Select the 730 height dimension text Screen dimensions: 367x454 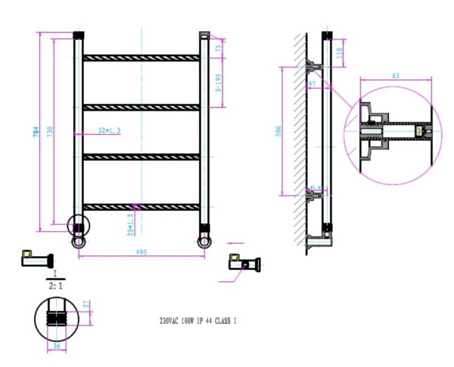pos(51,131)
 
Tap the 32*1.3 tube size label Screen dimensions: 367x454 pos(110,131)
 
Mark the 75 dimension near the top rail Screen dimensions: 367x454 pos(219,48)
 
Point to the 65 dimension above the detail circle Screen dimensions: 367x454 pos(396,76)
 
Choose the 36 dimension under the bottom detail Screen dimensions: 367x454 pos(55,348)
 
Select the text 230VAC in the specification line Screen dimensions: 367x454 pos(171,321)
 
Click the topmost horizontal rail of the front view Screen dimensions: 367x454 pos(141,58)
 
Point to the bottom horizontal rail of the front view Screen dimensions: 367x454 pos(141,206)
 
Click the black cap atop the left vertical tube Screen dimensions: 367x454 pos(77,36)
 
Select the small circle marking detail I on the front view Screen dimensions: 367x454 pos(78,225)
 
